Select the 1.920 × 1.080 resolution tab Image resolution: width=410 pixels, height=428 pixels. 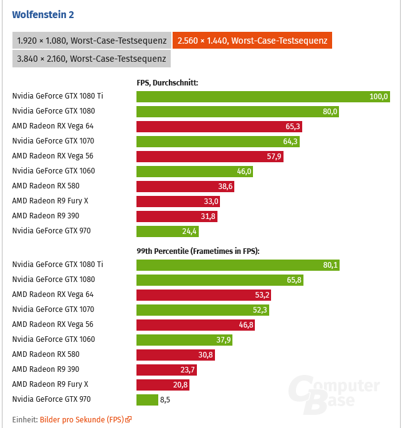point(92,41)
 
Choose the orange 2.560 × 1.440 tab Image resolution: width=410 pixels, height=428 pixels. point(252,41)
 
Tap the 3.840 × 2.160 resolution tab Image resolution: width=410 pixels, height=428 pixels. point(92,59)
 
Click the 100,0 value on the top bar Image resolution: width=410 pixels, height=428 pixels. point(378,96)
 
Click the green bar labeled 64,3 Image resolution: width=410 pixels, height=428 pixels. point(218,141)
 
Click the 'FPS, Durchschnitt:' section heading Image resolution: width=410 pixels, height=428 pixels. point(167,82)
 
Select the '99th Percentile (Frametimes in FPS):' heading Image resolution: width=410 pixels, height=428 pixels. point(198,251)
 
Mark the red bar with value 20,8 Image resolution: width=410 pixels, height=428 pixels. point(163,384)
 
